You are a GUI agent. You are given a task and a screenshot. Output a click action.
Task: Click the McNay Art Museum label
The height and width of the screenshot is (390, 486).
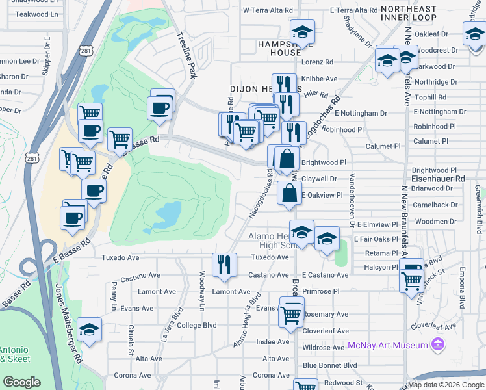coord(387,344)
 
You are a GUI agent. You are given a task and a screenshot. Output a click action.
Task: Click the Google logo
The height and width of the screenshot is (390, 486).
coord(22,382)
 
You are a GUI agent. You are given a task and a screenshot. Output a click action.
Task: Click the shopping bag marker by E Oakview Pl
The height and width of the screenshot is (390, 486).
coord(289,193)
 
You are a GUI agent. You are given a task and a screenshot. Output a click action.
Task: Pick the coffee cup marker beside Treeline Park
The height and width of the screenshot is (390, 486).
coord(159,109)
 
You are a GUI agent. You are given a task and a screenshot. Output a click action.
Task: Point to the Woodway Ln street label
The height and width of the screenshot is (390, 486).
coord(202,298)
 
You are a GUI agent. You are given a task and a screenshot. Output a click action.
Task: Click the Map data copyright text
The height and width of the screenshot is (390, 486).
coord(446,384)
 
